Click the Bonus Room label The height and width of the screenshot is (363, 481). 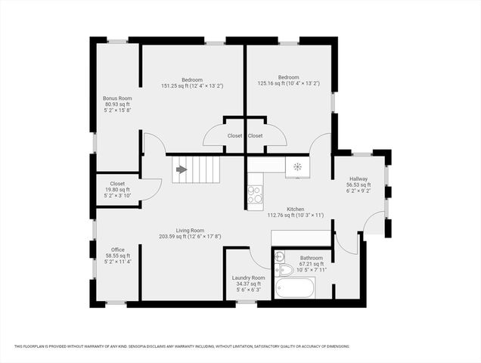pyautogui.click(x=117, y=98)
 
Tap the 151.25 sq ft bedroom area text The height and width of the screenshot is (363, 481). pyautogui.click(x=191, y=86)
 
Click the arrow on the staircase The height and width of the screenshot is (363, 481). pyautogui.click(x=182, y=169)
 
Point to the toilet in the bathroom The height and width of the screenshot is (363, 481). pyautogui.click(x=286, y=268)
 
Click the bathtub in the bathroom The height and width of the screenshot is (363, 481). pyautogui.click(x=295, y=288)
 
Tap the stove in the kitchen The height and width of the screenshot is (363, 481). pyautogui.click(x=256, y=194)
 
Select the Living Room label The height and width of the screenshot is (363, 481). pyautogui.click(x=191, y=230)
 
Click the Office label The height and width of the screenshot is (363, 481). pyautogui.click(x=117, y=250)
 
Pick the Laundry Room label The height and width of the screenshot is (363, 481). pyautogui.click(x=247, y=278)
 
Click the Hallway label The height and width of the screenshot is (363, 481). pyautogui.click(x=358, y=178)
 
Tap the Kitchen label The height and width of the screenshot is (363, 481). pyautogui.click(x=296, y=209)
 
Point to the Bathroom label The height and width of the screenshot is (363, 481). pyautogui.click(x=311, y=258)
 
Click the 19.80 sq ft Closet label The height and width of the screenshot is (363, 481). pyautogui.click(x=117, y=183)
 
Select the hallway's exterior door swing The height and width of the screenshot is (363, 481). pyautogui.click(x=372, y=225)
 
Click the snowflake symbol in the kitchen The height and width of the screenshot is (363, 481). pyautogui.click(x=297, y=166)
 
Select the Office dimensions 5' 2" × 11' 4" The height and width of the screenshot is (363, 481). pyautogui.click(x=117, y=262)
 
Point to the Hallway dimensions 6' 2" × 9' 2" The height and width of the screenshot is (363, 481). pyautogui.click(x=358, y=191)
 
